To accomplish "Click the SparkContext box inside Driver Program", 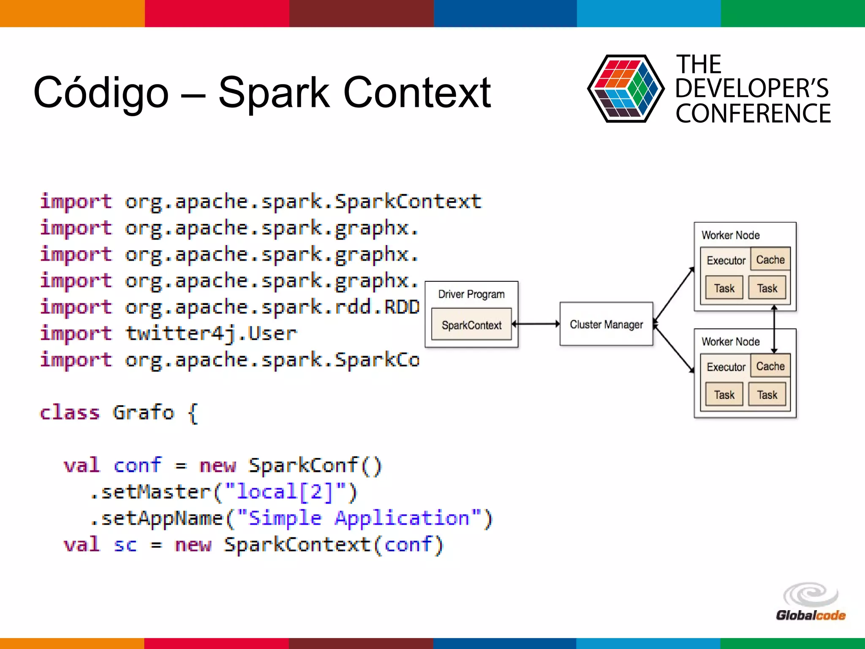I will [471, 324].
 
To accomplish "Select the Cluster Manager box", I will [606, 324].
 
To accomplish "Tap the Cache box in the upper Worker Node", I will [770, 259].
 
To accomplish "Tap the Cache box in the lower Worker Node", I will [770, 366].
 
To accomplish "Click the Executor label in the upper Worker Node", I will [726, 260].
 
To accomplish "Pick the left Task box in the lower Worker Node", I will [724, 395].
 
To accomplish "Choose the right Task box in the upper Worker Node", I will [767, 288].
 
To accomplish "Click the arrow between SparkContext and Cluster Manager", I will [536, 324].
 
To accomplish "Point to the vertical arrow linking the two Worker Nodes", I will [774, 329].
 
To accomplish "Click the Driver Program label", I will [471, 294].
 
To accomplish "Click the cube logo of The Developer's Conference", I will [625, 89].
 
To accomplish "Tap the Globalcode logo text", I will [810, 615].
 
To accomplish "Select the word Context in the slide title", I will [417, 92].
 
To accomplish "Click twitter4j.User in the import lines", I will [211, 333].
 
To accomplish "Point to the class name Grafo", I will [143, 412].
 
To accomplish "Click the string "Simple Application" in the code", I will [359, 518].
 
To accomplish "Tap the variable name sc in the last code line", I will [125, 545].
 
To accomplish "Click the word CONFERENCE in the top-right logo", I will [753, 114].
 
